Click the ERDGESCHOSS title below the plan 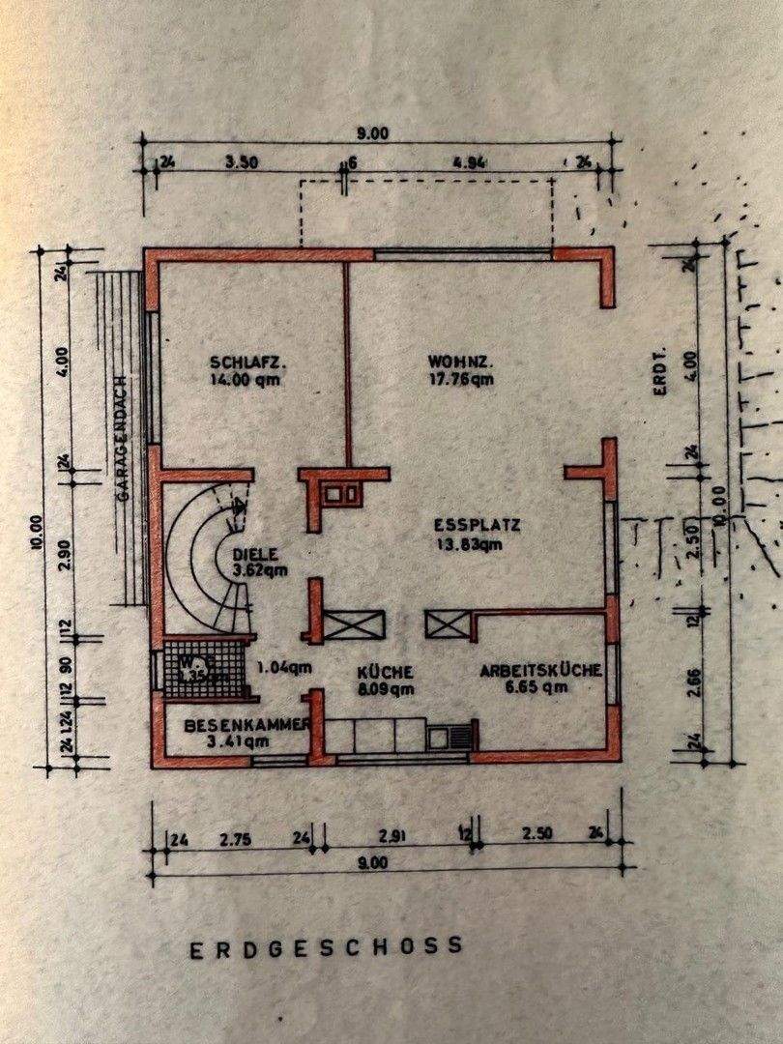(327, 947)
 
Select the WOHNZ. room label (461, 362)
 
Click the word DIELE (255, 555)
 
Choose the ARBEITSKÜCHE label (541, 670)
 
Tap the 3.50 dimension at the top (241, 162)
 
